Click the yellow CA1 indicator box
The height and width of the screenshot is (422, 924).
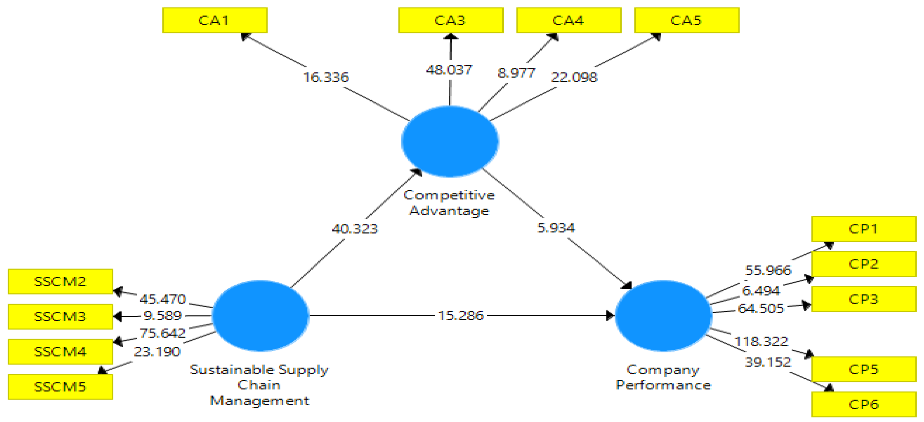point(214,20)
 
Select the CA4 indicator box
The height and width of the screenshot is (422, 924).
point(569,20)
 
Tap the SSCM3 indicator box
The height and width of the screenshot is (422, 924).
point(60,316)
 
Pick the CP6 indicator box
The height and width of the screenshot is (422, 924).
point(863,404)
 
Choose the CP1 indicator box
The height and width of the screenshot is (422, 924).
point(863,229)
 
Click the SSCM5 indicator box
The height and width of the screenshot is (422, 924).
point(60,387)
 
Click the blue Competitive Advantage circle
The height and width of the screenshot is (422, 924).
point(450,141)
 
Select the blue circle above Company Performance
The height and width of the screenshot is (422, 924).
point(663,315)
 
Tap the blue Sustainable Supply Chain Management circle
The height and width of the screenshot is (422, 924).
point(260,315)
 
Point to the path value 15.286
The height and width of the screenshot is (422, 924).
point(461,315)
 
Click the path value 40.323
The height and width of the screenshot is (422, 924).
point(355,229)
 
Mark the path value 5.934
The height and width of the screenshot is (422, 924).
point(556,228)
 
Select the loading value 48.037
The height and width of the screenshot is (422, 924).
point(449,70)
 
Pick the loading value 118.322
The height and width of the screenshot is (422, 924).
point(761,341)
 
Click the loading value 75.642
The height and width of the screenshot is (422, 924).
point(162,333)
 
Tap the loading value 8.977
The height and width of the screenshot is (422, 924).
point(516,73)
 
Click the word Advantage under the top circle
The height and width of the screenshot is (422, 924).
point(449,210)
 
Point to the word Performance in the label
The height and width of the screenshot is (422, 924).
point(663,385)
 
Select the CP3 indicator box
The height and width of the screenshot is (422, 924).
point(863,299)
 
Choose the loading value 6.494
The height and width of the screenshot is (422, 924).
point(761,290)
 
